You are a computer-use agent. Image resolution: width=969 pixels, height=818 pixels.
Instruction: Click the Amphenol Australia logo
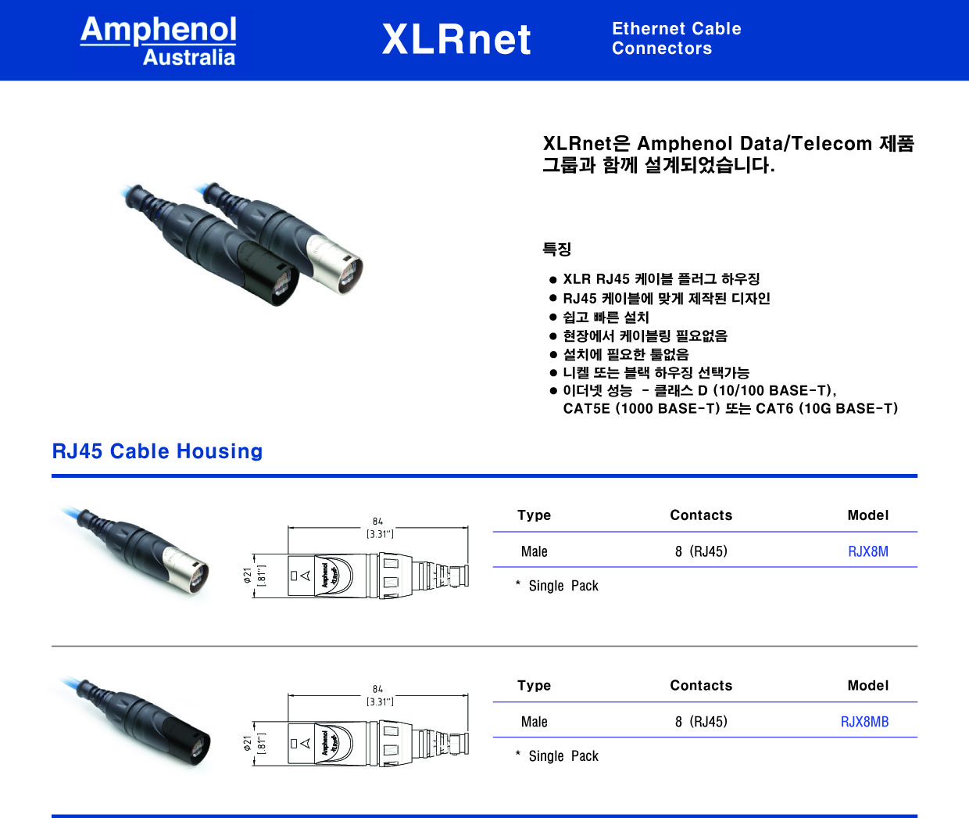(159, 41)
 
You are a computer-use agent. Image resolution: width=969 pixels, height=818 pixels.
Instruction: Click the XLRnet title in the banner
(456, 39)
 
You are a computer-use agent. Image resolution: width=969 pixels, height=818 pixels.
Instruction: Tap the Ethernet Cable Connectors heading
(676, 38)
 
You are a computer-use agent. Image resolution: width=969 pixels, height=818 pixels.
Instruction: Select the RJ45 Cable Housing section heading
(157, 451)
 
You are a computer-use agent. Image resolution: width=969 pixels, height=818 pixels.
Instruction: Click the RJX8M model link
(868, 551)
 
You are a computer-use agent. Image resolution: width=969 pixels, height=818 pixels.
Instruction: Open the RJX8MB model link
(864, 721)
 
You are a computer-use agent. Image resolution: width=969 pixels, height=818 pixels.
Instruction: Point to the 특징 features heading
(557, 249)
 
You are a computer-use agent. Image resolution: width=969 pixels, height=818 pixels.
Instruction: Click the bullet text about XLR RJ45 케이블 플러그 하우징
(661, 278)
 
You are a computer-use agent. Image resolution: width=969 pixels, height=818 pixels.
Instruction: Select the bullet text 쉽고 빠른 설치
(606, 317)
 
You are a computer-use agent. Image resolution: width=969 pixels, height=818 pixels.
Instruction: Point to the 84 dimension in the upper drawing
(377, 521)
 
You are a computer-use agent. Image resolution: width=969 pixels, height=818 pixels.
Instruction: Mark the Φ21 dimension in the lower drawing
(248, 743)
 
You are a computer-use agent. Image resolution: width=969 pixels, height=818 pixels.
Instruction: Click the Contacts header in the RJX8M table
(701, 515)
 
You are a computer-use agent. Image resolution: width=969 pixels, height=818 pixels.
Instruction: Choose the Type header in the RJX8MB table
(535, 685)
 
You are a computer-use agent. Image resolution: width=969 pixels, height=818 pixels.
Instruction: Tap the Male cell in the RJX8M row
(535, 551)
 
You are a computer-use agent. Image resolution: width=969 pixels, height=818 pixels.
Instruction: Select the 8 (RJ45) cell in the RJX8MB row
(701, 721)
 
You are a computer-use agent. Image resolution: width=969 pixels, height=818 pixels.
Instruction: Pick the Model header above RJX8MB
(868, 685)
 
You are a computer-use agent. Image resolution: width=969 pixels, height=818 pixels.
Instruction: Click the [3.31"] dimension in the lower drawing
(380, 701)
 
